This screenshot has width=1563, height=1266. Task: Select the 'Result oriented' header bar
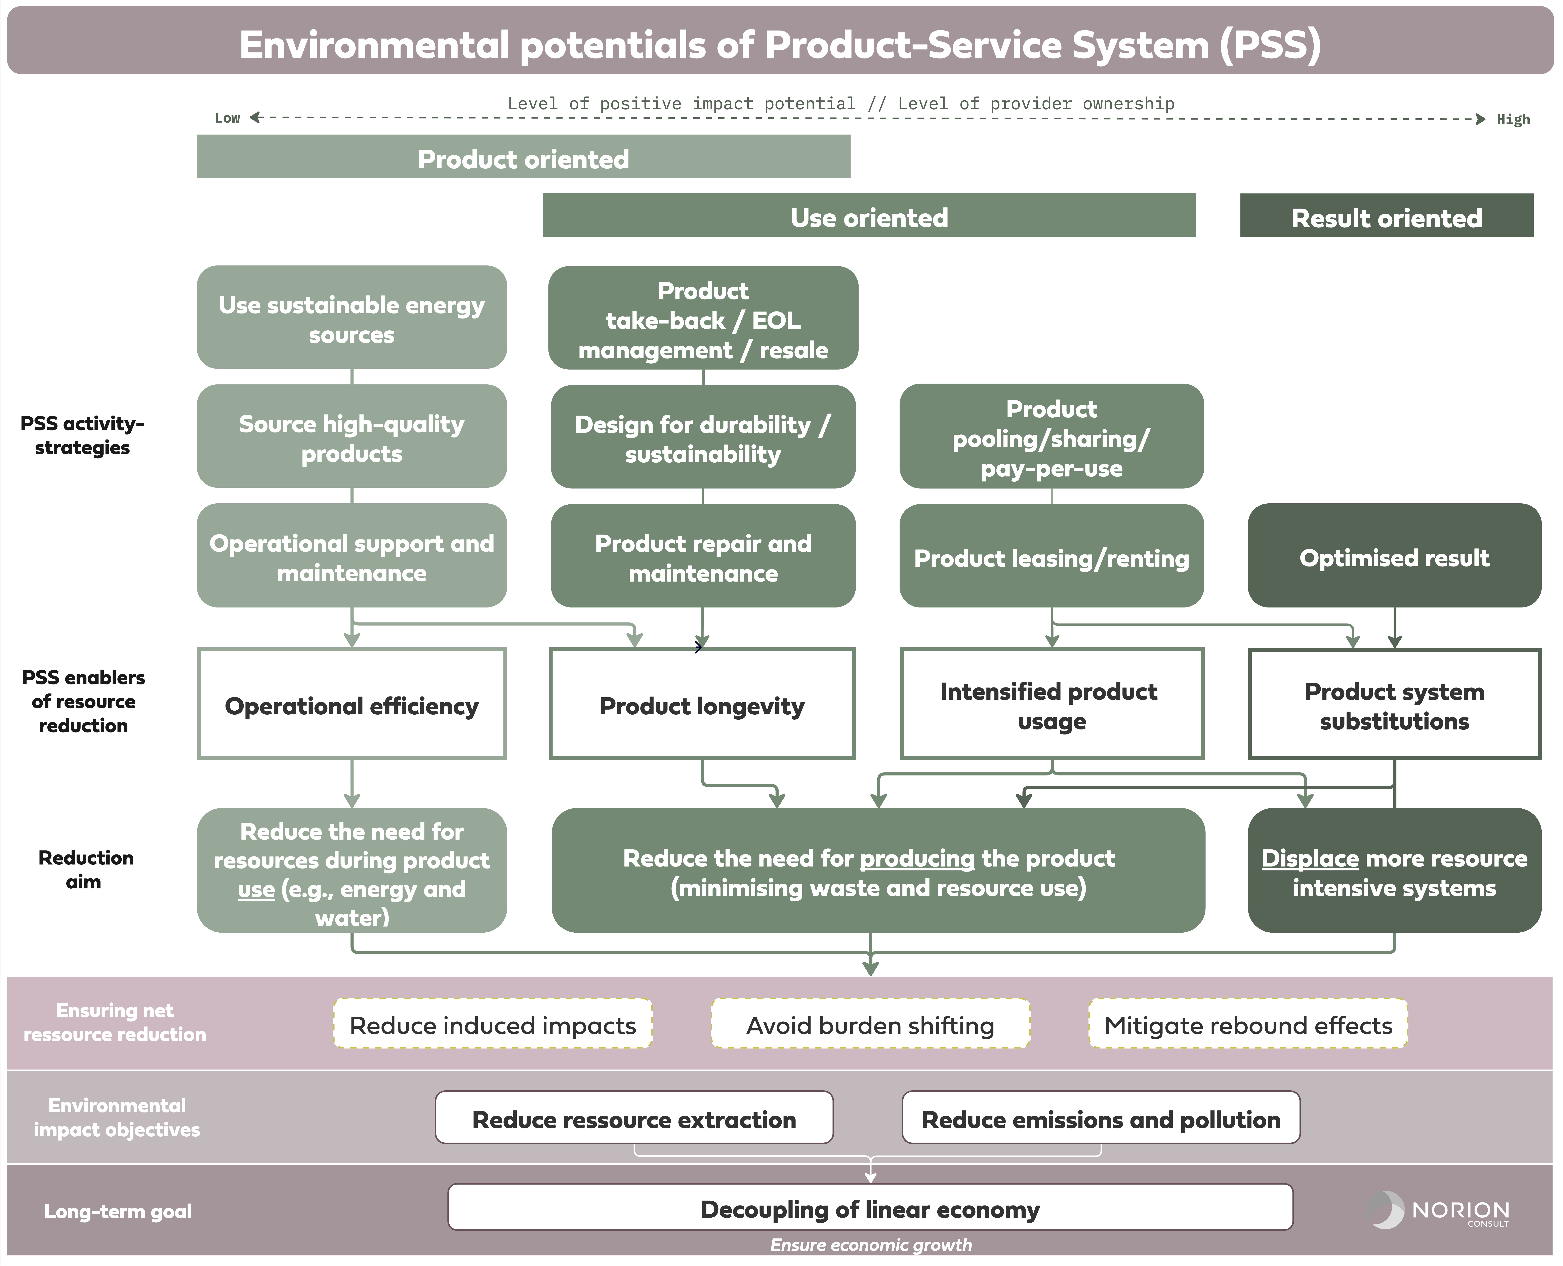(x=1387, y=215)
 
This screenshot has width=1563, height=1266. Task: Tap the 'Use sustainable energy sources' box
(x=352, y=317)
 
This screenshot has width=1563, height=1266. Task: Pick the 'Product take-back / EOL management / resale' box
(x=703, y=318)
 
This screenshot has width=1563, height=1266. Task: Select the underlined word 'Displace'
(x=1310, y=858)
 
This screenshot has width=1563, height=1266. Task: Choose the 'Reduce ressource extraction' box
(x=634, y=1117)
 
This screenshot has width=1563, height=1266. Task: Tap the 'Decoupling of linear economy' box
(x=870, y=1207)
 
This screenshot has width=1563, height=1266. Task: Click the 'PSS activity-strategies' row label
(x=82, y=435)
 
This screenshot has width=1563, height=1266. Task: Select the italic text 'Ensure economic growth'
(x=871, y=1245)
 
